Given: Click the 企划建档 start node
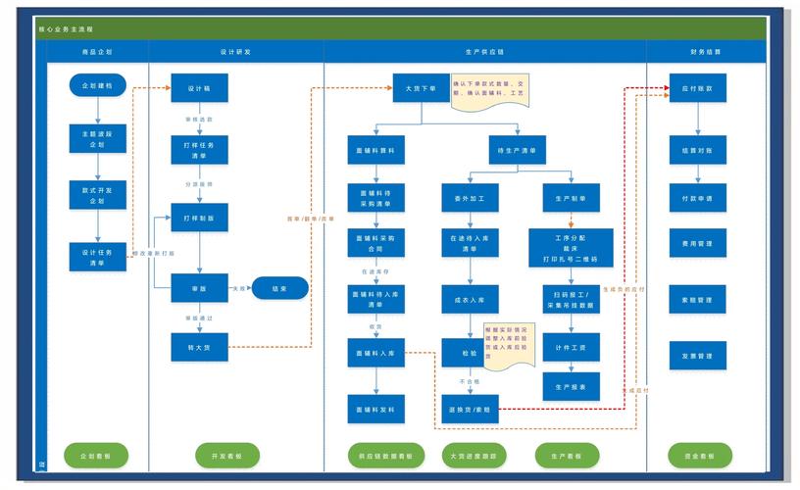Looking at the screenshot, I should (98, 86).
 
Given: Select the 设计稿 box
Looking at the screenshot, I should (199, 88).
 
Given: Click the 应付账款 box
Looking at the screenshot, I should (697, 88).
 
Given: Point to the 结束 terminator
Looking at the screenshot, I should (280, 288).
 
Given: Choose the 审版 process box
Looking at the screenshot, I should (199, 288).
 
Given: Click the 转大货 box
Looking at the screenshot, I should (199, 346).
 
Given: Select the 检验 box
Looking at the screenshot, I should (470, 353).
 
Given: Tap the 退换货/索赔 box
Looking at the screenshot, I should (470, 408).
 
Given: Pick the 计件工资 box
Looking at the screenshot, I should (571, 347).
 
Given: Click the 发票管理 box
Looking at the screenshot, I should (697, 355).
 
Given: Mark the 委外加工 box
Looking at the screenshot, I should (470, 198).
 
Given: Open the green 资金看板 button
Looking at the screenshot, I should (700, 456).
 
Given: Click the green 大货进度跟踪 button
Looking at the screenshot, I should (473, 456).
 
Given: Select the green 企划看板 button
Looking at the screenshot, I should (95, 456).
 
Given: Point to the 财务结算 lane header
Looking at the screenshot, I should (705, 51).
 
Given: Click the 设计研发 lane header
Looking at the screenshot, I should (236, 51).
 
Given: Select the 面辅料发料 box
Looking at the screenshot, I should (375, 408).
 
